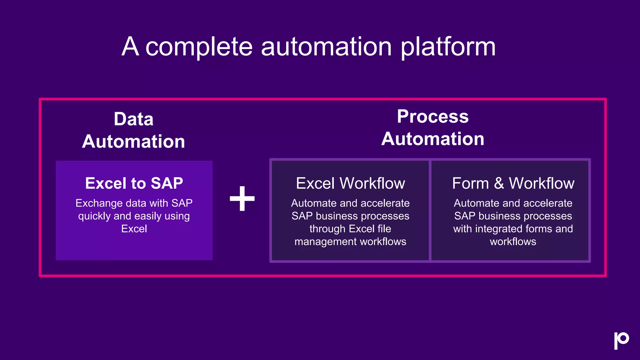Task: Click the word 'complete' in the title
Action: point(199,47)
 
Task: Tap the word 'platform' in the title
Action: point(448,47)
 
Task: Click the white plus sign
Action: point(242,198)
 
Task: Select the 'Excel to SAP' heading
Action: point(134,183)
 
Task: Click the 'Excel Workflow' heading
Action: point(350,183)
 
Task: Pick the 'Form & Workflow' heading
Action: point(513,183)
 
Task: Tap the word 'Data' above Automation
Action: point(134,119)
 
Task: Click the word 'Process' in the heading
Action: point(433,117)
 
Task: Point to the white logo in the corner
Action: point(621,340)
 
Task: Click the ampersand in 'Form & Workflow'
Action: point(499,183)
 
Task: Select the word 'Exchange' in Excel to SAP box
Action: point(99,203)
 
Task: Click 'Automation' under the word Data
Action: point(134,142)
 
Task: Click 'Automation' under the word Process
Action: point(433,139)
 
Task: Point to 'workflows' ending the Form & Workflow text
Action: point(513,242)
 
